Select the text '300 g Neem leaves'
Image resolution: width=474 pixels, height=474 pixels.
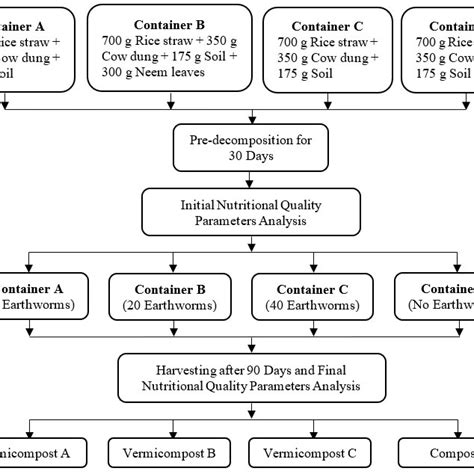166,71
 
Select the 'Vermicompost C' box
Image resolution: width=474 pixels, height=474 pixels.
302,453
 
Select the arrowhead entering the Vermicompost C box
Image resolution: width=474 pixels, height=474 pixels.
302,431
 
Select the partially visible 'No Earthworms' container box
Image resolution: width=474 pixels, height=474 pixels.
438,294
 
